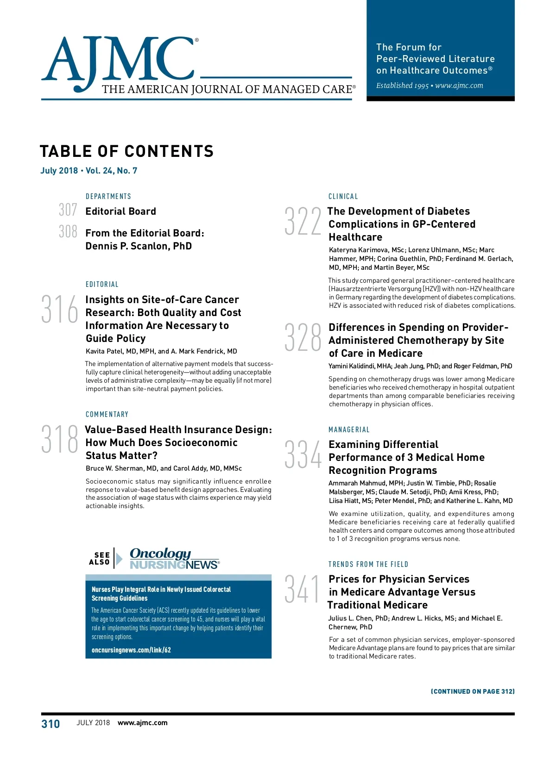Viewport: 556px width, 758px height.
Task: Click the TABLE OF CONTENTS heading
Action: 126,151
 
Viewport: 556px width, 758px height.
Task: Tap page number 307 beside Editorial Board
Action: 68,210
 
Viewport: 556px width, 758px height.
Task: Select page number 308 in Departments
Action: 68,231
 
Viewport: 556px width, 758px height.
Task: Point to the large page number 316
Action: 60,309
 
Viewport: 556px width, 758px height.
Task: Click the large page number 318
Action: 60,439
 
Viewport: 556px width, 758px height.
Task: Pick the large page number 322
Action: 303,221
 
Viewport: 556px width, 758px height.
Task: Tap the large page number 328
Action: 303,337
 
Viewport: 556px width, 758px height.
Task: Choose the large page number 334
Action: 303,454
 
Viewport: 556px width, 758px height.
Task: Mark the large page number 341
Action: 302,589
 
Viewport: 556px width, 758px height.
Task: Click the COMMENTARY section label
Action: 107,414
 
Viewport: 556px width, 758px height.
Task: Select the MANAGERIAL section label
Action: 349,429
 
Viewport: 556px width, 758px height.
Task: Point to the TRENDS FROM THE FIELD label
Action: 368,564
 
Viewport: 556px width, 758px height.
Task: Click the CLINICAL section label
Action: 343,196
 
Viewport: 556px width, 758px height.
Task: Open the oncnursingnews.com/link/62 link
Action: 131,650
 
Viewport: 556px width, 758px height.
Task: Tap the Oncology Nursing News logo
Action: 174,559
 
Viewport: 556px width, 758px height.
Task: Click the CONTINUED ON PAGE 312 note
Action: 473,691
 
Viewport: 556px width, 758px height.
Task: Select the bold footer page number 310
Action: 51,724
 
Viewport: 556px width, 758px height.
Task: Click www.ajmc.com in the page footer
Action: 143,723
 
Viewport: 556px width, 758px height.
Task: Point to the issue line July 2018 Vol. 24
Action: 89,170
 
